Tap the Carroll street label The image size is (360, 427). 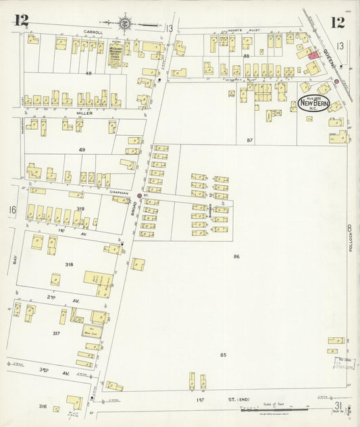[93, 32]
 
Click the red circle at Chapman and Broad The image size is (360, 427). [140, 196]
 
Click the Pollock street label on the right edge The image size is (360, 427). [351, 239]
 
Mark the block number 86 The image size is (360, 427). [236, 257]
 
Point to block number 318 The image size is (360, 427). [69, 264]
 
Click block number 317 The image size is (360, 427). [56, 333]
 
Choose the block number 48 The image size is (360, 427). [88, 73]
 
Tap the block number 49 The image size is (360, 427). [82, 149]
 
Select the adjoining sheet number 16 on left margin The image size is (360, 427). [11, 210]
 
